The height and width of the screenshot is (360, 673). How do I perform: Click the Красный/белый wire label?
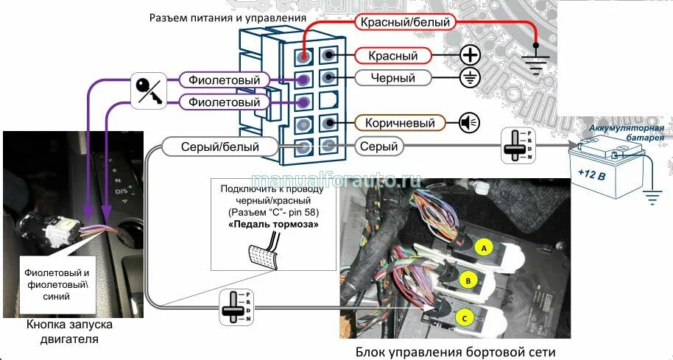[405, 22]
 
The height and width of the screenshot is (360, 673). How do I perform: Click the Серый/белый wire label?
[220, 147]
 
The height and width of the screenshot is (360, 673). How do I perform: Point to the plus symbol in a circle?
[470, 55]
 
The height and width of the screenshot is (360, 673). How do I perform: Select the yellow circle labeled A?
[484, 247]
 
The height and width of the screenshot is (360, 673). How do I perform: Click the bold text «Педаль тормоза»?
[264, 222]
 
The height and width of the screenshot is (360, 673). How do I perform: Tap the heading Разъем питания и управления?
[228, 17]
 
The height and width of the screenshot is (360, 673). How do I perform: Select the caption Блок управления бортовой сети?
[450, 351]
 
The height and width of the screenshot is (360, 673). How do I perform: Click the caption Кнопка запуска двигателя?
[63, 332]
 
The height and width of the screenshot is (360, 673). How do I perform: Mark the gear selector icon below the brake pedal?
[233, 307]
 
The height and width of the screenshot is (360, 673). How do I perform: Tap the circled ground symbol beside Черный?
[470, 78]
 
